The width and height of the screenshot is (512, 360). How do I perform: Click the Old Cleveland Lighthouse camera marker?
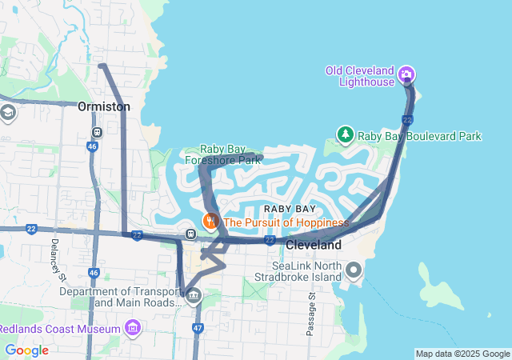(406, 75)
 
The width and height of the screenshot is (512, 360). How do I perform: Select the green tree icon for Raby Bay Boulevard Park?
(346, 136)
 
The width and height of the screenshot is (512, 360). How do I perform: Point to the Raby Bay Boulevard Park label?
(419, 137)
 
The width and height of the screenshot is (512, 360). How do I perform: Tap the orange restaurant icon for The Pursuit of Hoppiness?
(210, 222)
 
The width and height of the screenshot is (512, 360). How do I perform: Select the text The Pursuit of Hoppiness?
(286, 222)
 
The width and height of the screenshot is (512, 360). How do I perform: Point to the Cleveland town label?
(314, 244)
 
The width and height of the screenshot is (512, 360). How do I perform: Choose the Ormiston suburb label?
(104, 106)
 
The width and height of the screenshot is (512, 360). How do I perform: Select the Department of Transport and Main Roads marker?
(193, 297)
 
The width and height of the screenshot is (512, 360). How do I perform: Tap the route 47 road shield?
(198, 328)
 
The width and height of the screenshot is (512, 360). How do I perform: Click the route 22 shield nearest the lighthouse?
(407, 120)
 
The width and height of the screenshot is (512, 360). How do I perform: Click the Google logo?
(26, 350)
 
